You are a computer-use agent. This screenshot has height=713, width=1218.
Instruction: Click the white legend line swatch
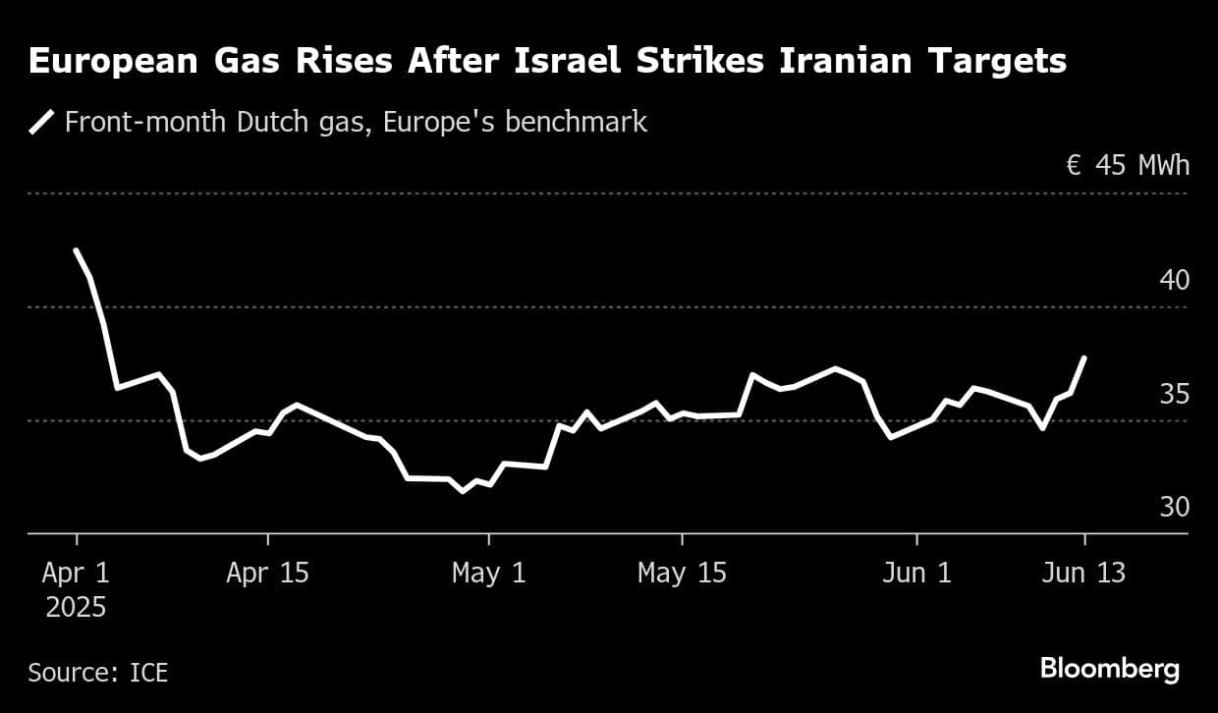tap(42, 123)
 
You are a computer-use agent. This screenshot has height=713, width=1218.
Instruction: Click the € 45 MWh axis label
tap(1128, 165)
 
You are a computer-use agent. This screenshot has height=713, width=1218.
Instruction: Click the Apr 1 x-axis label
tap(76, 574)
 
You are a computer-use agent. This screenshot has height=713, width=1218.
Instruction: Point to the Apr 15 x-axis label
tap(267, 574)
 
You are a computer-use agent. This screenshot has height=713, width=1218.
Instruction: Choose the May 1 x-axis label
tap(488, 574)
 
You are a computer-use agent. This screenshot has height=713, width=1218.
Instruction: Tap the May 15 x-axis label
tap(682, 574)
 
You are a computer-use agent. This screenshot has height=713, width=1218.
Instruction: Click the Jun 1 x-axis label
tap(916, 574)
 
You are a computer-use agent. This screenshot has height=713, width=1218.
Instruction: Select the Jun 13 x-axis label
tap(1084, 574)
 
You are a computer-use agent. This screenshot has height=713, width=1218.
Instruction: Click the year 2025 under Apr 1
tap(76, 608)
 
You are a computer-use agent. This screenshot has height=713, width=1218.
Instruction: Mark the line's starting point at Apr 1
tap(76, 250)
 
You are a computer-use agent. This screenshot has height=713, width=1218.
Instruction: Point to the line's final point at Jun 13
tap(1084, 357)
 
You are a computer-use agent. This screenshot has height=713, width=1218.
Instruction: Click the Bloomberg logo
tap(1110, 670)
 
